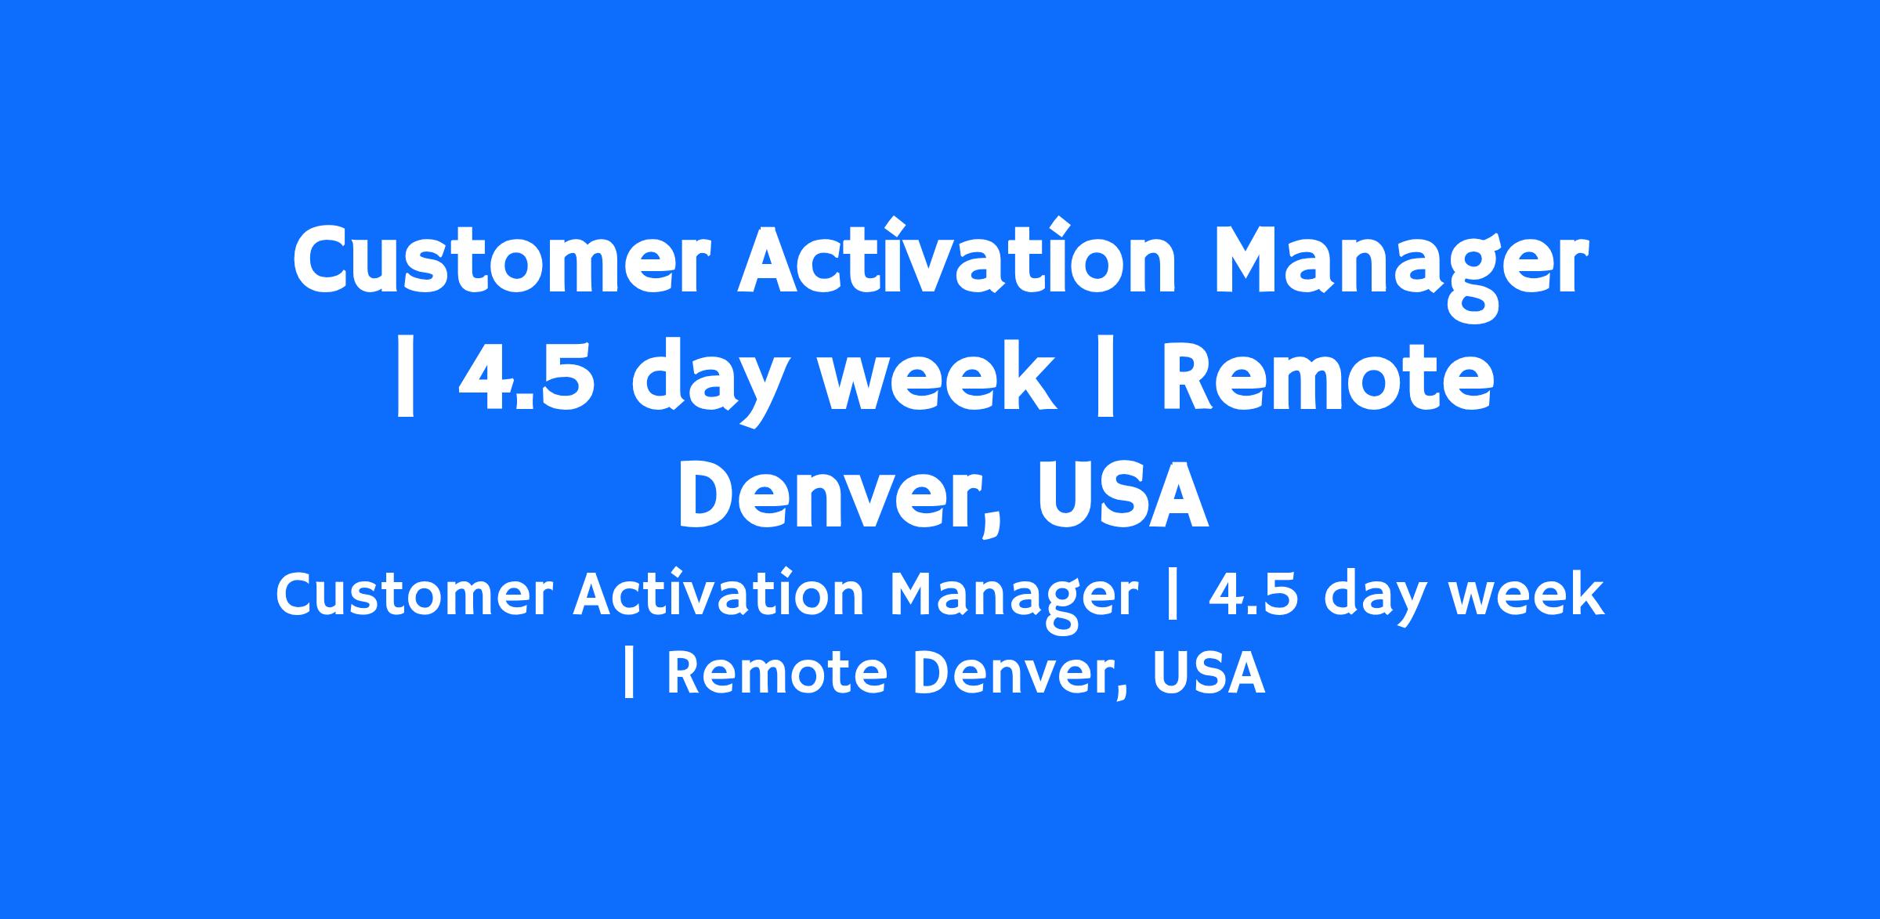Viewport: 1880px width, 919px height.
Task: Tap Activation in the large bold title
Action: click(956, 256)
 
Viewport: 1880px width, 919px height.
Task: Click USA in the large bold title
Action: click(1123, 495)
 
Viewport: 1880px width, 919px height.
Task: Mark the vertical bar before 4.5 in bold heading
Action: click(405, 379)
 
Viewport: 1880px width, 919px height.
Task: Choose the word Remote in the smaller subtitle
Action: click(776, 673)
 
